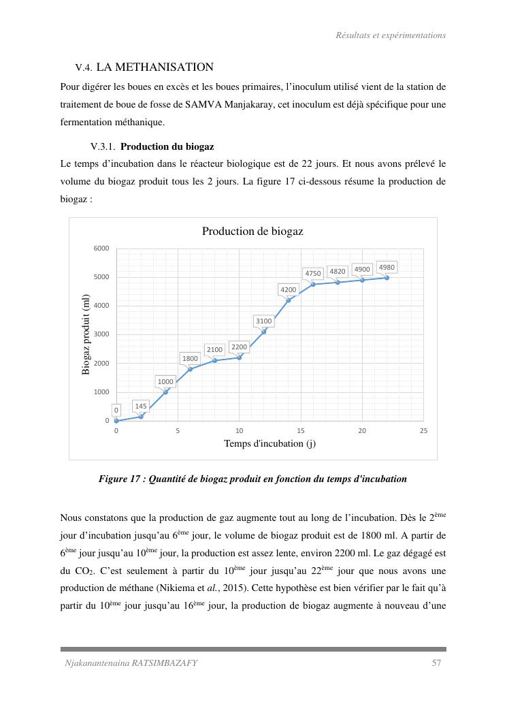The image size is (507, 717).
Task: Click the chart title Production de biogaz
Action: pyautogui.click(x=252, y=232)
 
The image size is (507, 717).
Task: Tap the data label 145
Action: pyautogui.click(x=141, y=407)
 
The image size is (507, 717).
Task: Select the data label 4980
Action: pyautogui.click(x=387, y=268)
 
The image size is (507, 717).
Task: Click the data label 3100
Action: pyautogui.click(x=263, y=321)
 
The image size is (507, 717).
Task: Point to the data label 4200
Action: pyautogui.click(x=289, y=290)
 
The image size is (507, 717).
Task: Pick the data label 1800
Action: pyautogui.click(x=190, y=358)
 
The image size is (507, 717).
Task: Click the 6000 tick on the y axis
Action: pyautogui.click(x=101, y=249)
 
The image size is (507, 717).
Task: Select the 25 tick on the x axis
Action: pyautogui.click(x=424, y=431)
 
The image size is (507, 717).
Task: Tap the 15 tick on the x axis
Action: pyautogui.click(x=301, y=431)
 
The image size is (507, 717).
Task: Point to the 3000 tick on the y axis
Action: pyautogui.click(x=101, y=334)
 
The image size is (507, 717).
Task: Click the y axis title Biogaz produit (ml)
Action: pyautogui.click(x=86, y=334)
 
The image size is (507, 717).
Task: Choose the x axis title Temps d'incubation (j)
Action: pyautogui.click(x=269, y=444)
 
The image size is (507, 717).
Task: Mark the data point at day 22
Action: pyautogui.click(x=387, y=278)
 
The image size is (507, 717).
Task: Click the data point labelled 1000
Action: pyautogui.click(x=165, y=392)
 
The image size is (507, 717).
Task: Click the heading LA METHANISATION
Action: pyautogui.click(x=155, y=67)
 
